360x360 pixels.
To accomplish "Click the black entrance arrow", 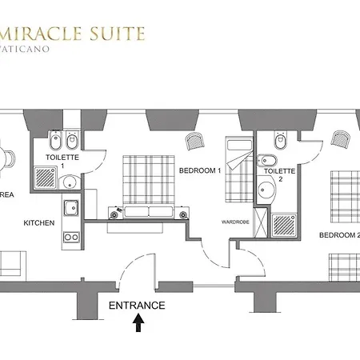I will pos(138,322).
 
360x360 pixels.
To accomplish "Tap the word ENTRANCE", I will pos(137,305).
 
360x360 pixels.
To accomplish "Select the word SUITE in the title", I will pos(119,34).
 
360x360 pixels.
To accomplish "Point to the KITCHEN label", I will pos(38,222).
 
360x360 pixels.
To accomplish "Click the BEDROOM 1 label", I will pos(199,170).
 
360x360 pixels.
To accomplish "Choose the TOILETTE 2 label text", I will pos(280,175).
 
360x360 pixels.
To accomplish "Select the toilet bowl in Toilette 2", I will pos(279,142).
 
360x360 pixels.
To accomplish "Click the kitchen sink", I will pos(71,206).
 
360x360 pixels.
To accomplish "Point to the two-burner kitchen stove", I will pos(71,236).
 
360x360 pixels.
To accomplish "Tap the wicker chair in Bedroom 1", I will pos(194,142).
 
